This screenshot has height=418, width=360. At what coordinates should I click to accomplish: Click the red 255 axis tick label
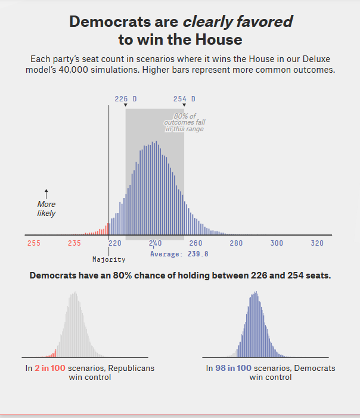coord(34,243)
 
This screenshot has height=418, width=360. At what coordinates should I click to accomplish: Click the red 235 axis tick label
coord(75,243)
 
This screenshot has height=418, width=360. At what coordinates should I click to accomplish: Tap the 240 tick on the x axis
coord(155,243)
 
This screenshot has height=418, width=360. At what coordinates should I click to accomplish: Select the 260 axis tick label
coord(195,243)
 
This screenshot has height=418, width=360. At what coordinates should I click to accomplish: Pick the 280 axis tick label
coord(236,243)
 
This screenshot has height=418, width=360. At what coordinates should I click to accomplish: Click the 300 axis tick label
coord(277,243)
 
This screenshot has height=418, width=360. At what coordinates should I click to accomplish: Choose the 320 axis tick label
coord(317,243)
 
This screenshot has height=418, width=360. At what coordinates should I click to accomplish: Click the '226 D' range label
coord(125,98)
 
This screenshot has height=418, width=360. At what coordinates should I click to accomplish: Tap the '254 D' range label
coord(184,98)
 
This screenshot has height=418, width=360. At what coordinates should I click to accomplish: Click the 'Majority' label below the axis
coord(109,259)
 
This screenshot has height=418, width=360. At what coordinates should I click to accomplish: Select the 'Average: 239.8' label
coord(179,254)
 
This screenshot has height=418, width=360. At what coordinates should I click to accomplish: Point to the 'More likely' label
coord(46,209)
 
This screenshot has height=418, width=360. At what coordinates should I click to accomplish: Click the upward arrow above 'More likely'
coord(46,193)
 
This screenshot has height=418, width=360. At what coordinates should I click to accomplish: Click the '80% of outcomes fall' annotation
coord(184,122)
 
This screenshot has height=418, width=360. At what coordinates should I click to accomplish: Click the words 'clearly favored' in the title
coord(238,22)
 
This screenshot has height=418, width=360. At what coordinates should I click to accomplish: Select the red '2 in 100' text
coord(49,369)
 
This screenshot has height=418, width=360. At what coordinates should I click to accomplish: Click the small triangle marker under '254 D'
coord(184,106)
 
